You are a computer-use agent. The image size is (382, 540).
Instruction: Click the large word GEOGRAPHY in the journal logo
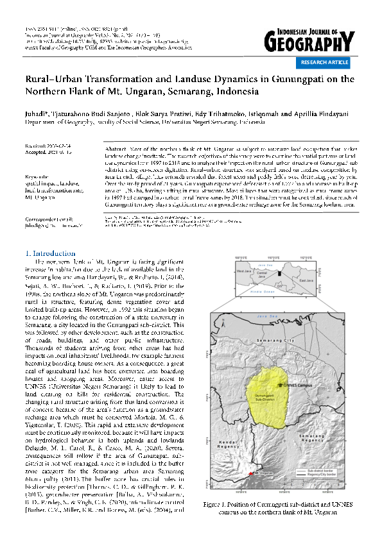[x=308, y=43]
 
